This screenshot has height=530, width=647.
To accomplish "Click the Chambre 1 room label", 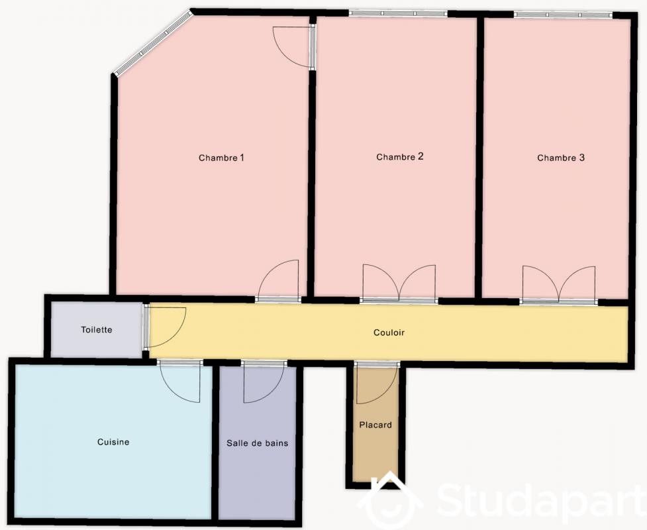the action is coord(221,158).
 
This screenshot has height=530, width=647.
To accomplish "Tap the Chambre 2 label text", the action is coord(400,156).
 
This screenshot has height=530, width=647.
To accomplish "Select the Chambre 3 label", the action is coord(561,158).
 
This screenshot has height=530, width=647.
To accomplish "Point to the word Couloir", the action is coord(389,333).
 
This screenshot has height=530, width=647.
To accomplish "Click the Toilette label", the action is coord(97,330).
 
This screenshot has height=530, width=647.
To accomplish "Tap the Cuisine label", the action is coord(113,442).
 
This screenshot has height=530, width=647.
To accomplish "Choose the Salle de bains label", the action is coord(258,443).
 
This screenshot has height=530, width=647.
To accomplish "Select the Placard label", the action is coord(375,425).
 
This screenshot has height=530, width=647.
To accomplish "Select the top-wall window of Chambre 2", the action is coord(398,14).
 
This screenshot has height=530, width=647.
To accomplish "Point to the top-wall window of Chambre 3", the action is coord(564,15).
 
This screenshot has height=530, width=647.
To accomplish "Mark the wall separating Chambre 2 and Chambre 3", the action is coord(479,157).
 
